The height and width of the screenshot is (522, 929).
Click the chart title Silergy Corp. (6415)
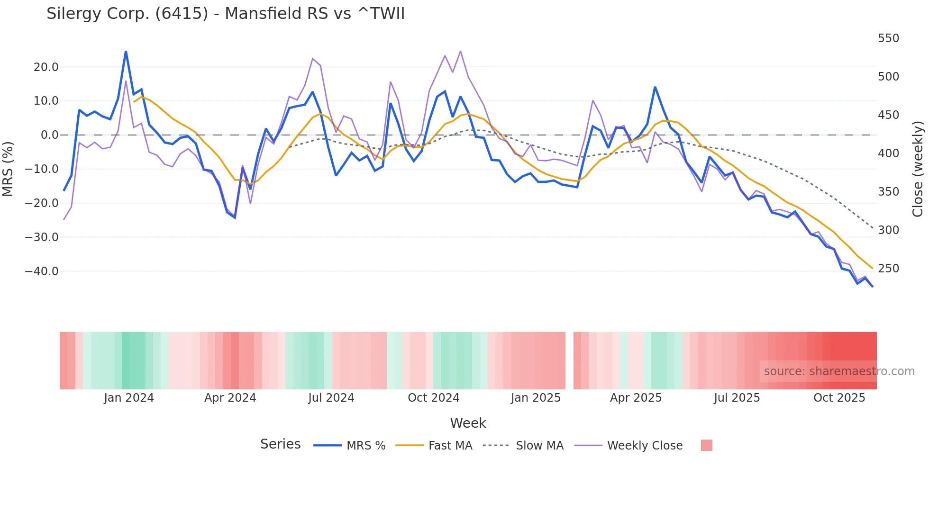pos(226,14)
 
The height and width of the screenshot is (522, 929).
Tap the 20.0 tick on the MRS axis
pos(46,67)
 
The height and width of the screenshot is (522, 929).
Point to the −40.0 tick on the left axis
pos(42,271)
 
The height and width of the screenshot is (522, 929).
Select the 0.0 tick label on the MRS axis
pos(50,135)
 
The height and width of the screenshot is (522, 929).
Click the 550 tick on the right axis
pos(888,38)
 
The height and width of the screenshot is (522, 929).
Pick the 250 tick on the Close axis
pos(888,269)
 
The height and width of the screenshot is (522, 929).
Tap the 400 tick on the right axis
pos(888,153)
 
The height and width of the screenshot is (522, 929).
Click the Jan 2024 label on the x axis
pos(129,398)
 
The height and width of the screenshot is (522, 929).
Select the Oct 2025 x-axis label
pos(839,398)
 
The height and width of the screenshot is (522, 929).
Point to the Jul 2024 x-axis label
pos(331,398)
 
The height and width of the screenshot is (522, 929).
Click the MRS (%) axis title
pos(8,169)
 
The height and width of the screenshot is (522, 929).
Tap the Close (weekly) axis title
pos(918,169)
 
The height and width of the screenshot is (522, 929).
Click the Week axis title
pos(468,423)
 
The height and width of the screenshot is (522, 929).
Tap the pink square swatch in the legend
pos(706,445)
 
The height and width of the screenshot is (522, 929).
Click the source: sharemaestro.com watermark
pos(839,371)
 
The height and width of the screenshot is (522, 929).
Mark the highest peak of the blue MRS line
pos(126,51)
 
